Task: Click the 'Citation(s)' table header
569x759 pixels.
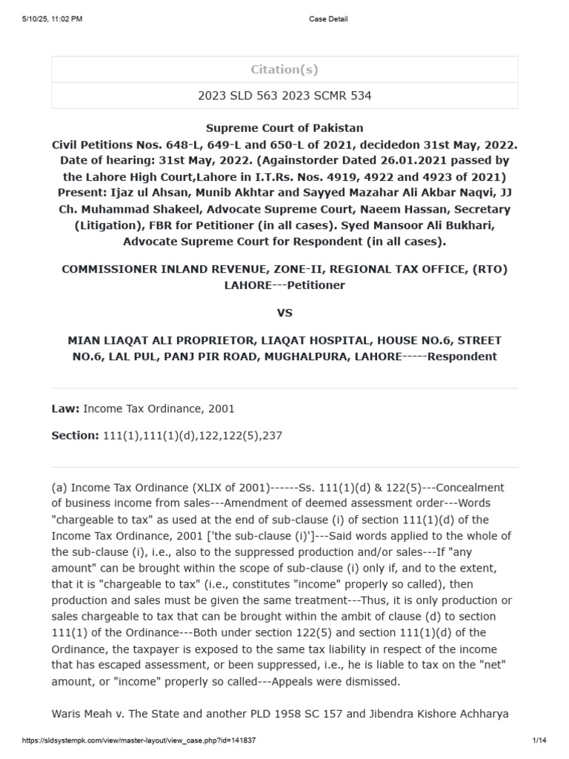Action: (284, 70)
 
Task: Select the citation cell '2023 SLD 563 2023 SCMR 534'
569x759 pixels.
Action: (284, 96)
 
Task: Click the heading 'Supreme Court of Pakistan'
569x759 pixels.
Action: (284, 128)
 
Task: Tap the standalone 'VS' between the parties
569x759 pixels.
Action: (284, 313)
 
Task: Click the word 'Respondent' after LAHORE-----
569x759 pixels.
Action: (469, 357)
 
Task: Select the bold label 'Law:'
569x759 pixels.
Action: (65, 408)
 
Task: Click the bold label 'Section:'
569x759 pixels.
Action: (74, 436)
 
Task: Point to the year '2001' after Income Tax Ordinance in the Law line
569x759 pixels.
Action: (222, 408)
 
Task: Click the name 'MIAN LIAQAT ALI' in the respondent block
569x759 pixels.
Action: (114, 340)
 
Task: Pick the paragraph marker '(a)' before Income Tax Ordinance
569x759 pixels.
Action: (59, 488)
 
